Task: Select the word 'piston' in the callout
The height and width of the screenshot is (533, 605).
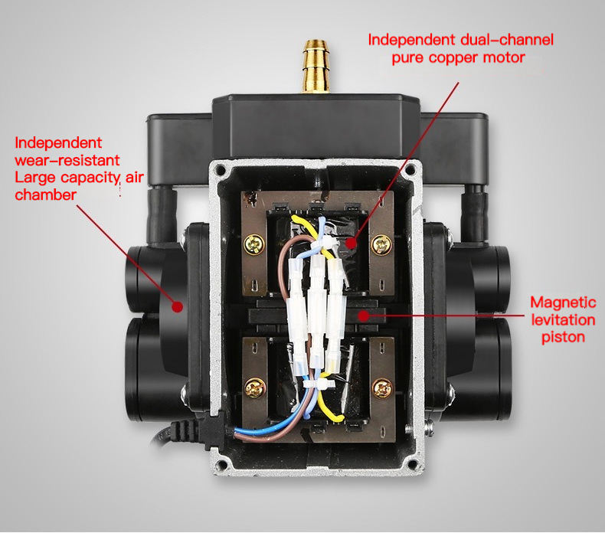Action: (x=563, y=336)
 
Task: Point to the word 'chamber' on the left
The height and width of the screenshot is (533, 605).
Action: (x=45, y=195)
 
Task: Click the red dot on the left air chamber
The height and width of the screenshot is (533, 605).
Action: (x=177, y=306)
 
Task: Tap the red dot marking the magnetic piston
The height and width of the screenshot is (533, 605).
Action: (x=364, y=313)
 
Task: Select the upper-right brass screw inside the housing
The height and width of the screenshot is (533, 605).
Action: (x=378, y=245)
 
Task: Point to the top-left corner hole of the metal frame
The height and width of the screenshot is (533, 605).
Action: (x=222, y=168)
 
